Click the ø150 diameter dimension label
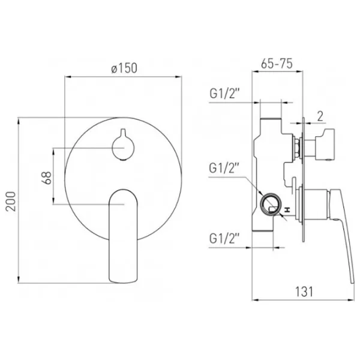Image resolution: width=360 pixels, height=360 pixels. (124, 68)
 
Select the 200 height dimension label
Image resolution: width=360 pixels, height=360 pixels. (11, 202)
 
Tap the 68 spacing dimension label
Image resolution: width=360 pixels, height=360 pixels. (46, 178)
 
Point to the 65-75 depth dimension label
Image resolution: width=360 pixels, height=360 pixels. (277, 64)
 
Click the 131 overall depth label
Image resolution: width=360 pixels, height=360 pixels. (304, 292)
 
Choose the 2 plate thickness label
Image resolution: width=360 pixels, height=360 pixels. (320, 116)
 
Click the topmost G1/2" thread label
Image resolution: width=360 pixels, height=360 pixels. (224, 94)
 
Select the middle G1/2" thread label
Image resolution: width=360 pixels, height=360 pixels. (224, 168)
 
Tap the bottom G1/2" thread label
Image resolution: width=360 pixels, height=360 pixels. (224, 238)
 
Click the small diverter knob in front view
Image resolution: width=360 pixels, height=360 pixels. (123, 146)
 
